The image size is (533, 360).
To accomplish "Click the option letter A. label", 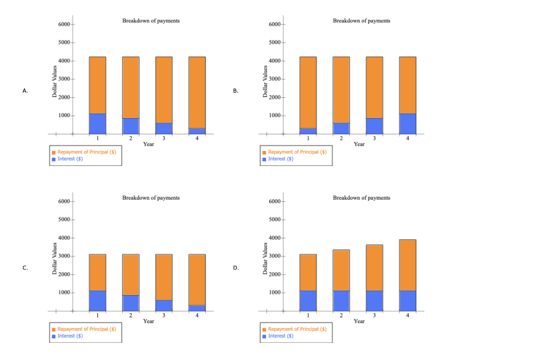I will (x=25, y=91).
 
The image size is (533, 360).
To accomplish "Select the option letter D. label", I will (x=236, y=268).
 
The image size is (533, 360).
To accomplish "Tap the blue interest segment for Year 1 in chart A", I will (x=97, y=124).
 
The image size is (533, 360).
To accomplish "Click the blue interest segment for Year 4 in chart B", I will (x=408, y=124).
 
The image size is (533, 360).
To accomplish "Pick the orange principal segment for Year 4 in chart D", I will (x=408, y=265).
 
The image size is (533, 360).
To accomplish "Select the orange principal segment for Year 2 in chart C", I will (x=131, y=275).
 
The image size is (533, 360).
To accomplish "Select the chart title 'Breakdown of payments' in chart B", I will (x=361, y=21).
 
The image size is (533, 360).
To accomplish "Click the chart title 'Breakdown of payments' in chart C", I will (x=151, y=198).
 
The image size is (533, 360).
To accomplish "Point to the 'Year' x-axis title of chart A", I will (x=148, y=144).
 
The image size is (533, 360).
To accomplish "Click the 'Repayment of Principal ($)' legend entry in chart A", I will (x=86, y=152).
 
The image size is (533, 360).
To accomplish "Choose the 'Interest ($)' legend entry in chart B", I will (x=281, y=159).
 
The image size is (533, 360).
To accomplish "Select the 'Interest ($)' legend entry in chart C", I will (x=70, y=336).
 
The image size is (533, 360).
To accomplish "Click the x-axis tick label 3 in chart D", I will (x=374, y=315).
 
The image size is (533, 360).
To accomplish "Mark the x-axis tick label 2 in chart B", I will (x=341, y=138).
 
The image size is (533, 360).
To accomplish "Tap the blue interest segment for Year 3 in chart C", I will (x=164, y=305).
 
